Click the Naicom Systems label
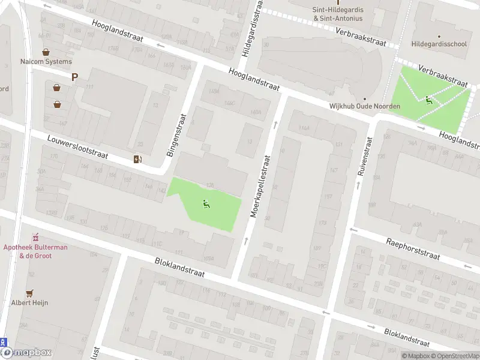46,61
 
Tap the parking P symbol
75,77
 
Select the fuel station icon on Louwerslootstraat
138,158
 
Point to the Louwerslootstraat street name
77,147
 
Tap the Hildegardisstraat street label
252,29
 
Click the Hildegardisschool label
439,44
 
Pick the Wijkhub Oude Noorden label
364,106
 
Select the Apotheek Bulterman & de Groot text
35,251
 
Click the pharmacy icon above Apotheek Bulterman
35,238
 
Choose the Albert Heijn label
29,302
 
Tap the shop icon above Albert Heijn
29,293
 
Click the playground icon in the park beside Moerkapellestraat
206,204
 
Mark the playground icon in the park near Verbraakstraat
428,100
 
